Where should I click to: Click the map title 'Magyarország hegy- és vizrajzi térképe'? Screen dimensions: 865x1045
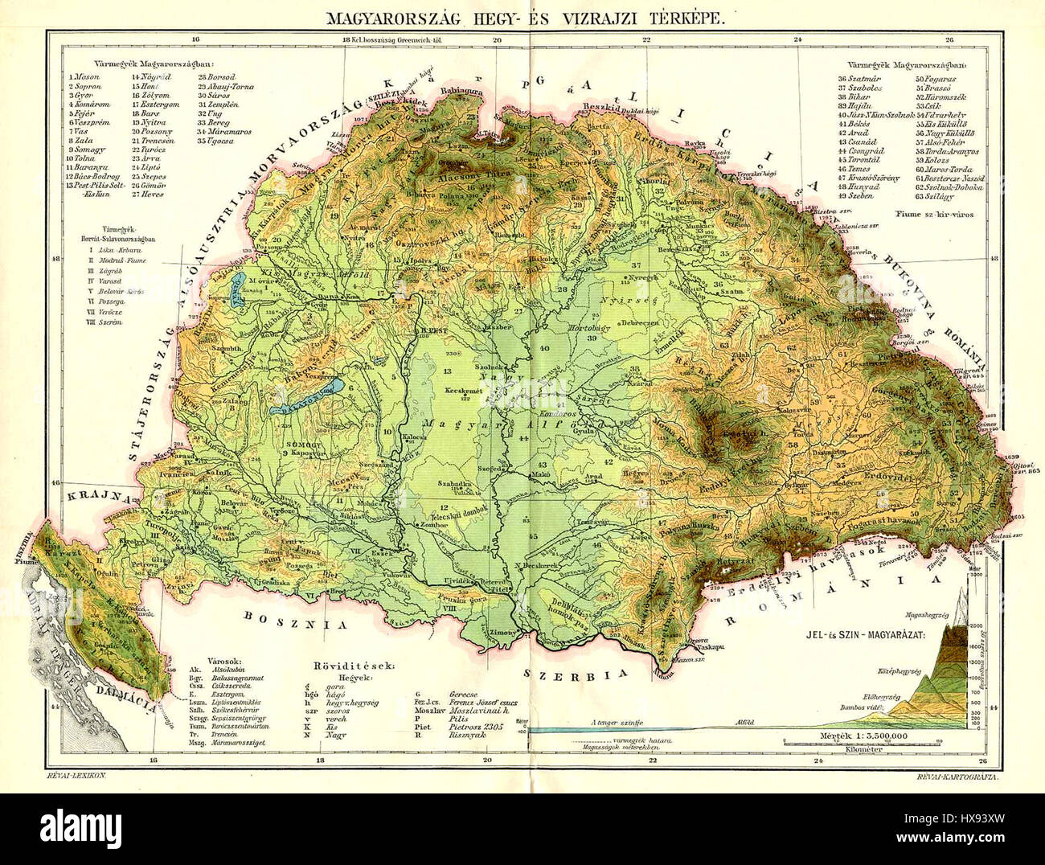coord(522,18)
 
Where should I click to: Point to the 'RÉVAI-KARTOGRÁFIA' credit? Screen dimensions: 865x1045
coord(958,774)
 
